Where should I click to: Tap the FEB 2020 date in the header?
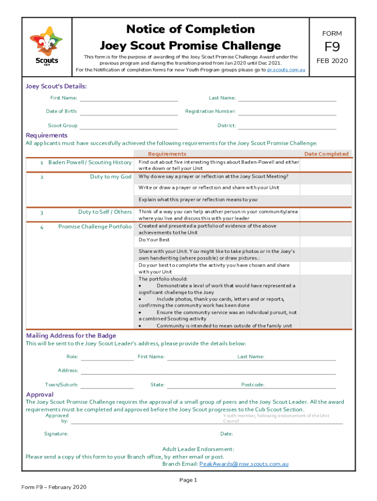pos(331,61)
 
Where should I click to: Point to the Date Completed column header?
pos(326,154)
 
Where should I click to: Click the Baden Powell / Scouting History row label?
pos(90,162)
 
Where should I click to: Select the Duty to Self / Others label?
pos(105,212)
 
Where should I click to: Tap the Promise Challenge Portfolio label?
pos(94,227)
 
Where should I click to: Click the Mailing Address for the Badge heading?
pos(71,336)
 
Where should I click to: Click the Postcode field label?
pos(253,385)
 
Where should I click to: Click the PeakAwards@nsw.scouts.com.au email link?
pos(243,464)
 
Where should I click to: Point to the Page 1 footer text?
pos(188,480)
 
